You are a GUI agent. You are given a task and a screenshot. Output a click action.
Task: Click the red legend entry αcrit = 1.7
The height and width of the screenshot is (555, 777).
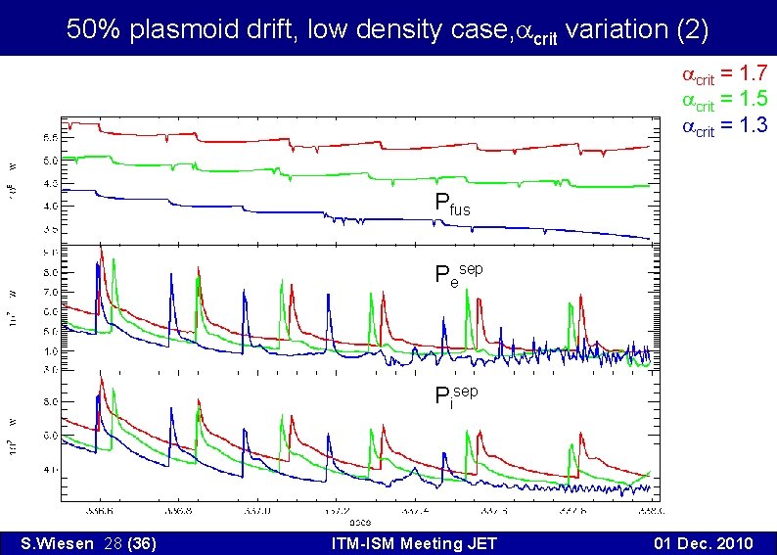coord(723,74)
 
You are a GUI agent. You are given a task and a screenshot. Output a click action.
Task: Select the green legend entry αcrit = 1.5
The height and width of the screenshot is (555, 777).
coord(723,100)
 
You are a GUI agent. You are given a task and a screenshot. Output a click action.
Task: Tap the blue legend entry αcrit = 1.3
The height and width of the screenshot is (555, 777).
coord(723,125)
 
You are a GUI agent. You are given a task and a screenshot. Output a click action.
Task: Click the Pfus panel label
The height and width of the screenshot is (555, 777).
coord(452,206)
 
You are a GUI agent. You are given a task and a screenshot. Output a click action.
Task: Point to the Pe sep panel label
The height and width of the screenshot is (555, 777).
coord(458,273)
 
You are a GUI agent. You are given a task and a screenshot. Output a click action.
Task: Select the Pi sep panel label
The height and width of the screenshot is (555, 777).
coord(456,395)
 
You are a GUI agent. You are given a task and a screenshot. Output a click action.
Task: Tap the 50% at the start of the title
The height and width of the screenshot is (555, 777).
coord(92,29)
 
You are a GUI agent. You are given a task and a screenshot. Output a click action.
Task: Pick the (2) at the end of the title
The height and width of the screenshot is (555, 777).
coord(693,29)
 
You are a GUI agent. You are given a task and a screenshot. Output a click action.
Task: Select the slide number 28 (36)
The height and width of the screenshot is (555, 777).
coord(125,543)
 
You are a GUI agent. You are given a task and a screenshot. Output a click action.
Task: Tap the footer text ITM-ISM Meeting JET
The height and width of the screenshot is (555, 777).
coord(414,543)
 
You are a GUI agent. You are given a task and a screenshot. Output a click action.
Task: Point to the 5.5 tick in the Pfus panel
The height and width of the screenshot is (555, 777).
coord(48,137)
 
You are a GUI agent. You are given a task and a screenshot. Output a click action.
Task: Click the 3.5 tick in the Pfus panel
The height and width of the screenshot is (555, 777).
coord(48,229)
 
